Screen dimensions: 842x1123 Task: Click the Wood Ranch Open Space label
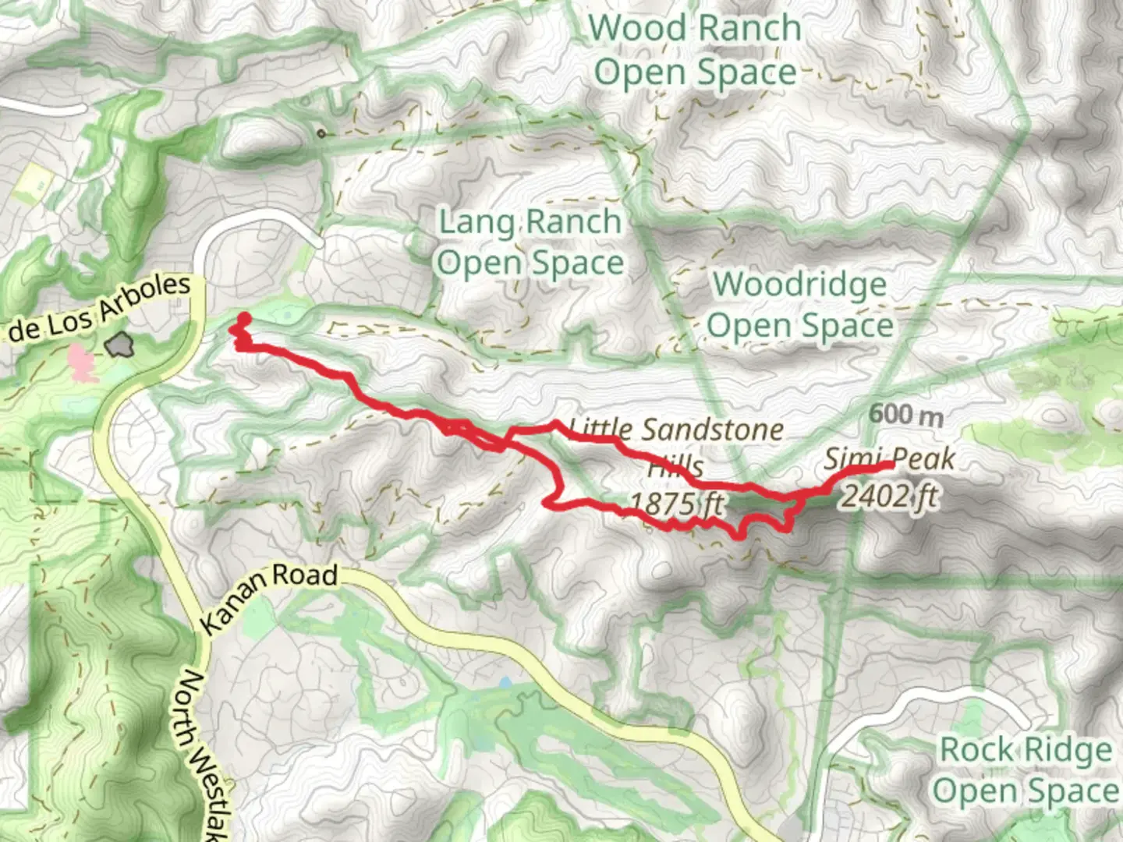[x=695, y=50]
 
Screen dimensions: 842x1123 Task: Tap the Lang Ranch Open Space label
[x=530, y=242]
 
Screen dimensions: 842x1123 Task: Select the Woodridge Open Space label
[x=800, y=304]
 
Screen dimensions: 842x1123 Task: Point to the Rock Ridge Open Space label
[x=1026, y=769]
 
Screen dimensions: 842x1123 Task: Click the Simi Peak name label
[x=890, y=458]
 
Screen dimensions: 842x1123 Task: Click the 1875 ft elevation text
[x=675, y=504]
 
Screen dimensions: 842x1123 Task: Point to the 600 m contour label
[x=905, y=414]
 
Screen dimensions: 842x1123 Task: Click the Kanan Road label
[x=270, y=596]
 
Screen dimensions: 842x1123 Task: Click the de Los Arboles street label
[x=97, y=310]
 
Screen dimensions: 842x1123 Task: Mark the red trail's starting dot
[x=243, y=318]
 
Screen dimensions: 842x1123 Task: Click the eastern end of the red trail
[x=891, y=465]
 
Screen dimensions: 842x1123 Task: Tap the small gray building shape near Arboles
[x=121, y=344]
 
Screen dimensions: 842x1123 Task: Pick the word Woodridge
[x=800, y=284]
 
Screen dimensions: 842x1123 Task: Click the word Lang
[x=476, y=222]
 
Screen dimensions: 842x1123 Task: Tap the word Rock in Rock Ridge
[x=976, y=749]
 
